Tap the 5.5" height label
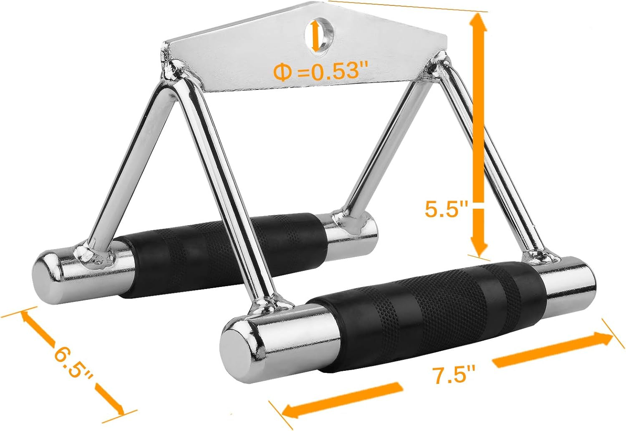446,208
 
